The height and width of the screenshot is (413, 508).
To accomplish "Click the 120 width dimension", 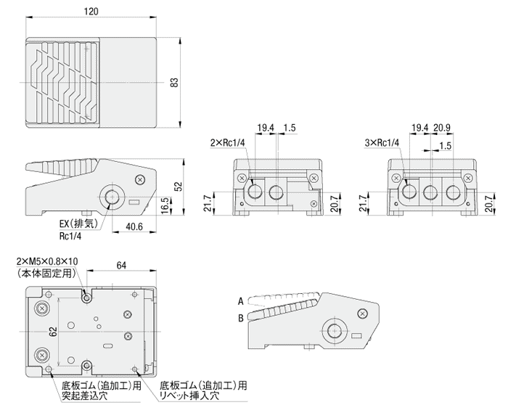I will (91, 12).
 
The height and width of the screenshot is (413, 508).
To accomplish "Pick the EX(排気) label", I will (74, 224).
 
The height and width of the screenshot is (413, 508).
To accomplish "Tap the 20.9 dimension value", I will (443, 128).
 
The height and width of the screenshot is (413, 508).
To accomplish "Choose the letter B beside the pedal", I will (239, 317).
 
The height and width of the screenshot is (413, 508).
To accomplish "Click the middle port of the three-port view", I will (431, 193).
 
